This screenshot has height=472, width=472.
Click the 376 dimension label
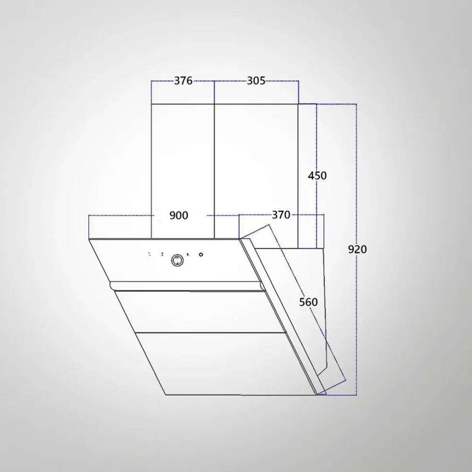[183, 81]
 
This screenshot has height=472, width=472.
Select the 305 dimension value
[256, 81]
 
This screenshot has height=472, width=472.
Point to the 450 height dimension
[317, 176]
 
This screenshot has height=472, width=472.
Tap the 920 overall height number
[357, 249]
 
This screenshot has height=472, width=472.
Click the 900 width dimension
[179, 216]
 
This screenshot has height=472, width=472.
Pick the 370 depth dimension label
[281, 215]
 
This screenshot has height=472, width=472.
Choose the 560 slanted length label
[309, 302]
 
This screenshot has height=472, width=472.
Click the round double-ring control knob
[177, 261]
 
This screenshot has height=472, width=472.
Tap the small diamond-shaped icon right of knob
[201, 255]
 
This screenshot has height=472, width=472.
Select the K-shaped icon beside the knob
[188, 255]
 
